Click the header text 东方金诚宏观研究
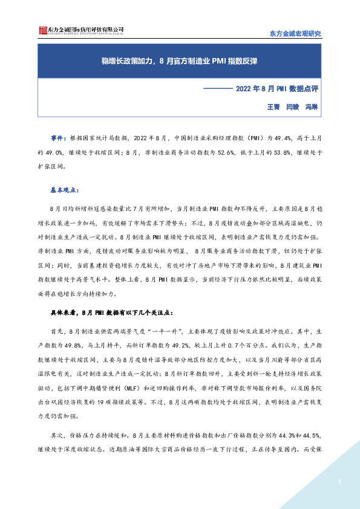[295, 33]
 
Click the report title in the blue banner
[180, 61]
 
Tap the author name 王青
[274, 106]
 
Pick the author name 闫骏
[293, 106]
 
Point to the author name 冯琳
[312, 106]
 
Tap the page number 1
[341, 482]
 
